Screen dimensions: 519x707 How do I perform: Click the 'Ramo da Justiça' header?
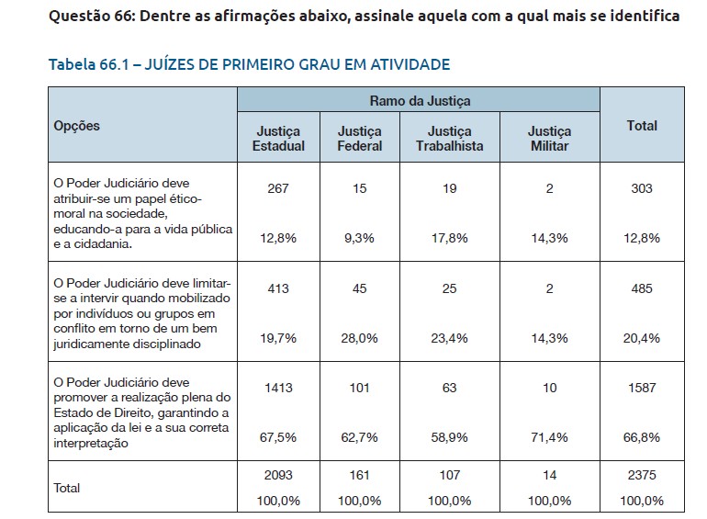(420, 99)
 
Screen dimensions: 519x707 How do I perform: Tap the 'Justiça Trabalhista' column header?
(450, 139)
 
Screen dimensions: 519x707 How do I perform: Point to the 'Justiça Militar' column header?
(550, 139)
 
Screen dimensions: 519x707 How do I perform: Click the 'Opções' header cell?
(77, 126)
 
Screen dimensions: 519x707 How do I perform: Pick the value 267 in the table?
(277, 188)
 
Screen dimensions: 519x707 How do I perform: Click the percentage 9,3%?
(359, 238)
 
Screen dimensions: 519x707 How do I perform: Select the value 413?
(277, 288)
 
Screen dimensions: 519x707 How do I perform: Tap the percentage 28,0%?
(359, 338)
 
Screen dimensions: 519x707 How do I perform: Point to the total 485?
(642, 288)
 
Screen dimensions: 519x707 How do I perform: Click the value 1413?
(277, 388)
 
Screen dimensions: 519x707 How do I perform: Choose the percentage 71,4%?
(550, 437)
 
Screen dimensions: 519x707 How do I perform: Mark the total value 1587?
(642, 388)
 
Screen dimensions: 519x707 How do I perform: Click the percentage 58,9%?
(449, 437)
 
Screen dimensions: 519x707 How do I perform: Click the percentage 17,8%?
(449, 238)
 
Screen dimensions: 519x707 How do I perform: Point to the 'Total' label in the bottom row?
(68, 488)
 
